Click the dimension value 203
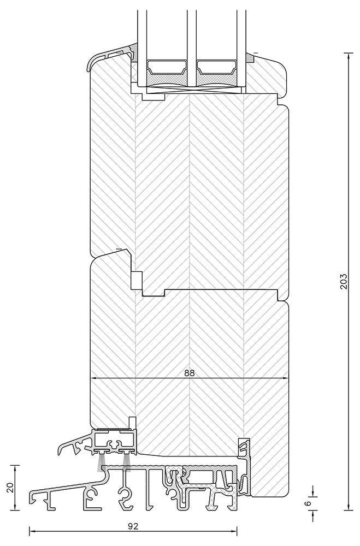coord(344,281)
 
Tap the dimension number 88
coord(189,373)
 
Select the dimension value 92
coord(133,526)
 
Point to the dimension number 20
coord(9,488)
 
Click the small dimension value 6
coord(308,503)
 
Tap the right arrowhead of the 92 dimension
coord(234,530)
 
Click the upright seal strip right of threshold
coord(244,448)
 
